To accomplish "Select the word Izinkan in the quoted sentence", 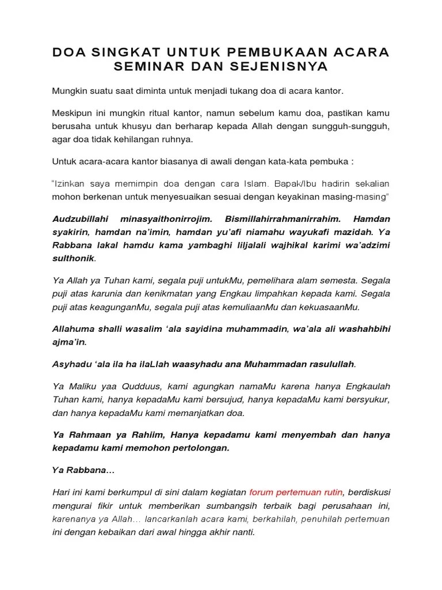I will click(73, 184).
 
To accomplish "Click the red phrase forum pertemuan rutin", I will click(296, 493).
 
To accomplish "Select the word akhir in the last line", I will click(214, 533).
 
